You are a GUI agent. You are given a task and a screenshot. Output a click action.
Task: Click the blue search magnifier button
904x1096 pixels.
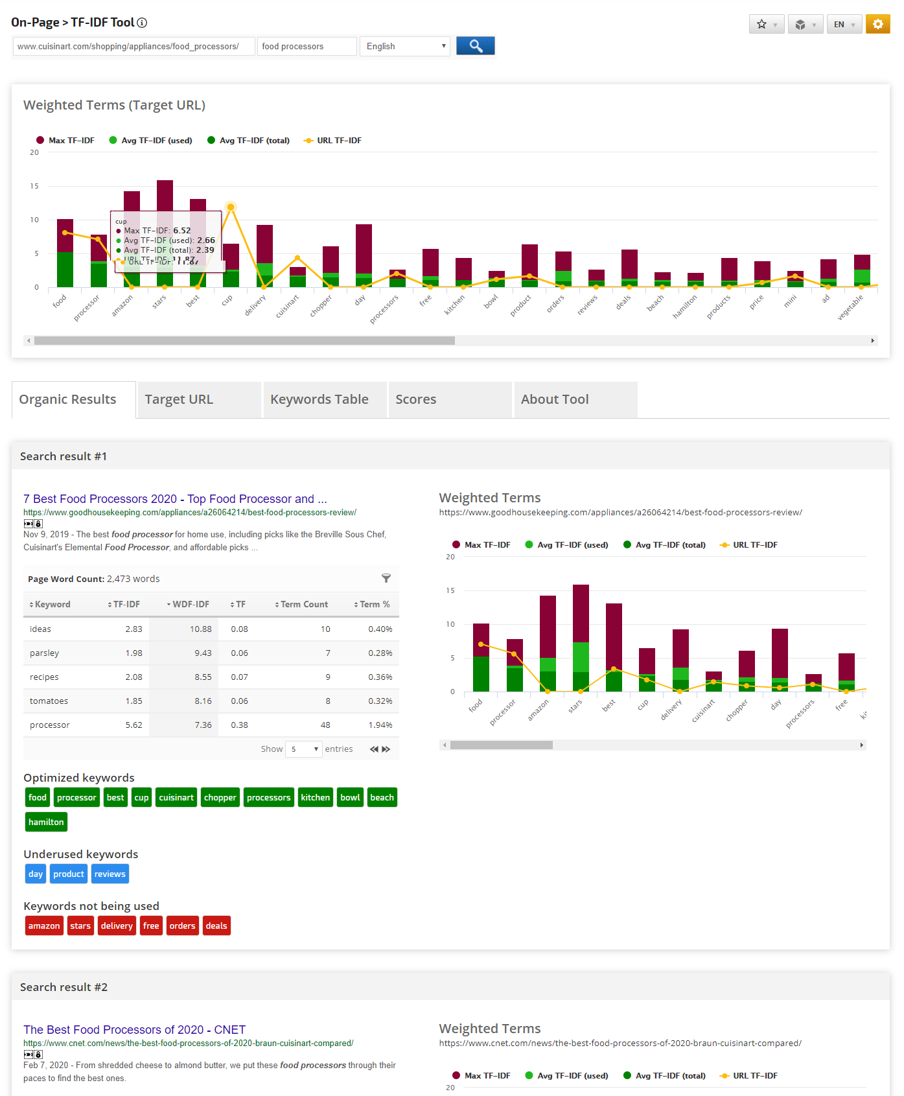[x=475, y=46]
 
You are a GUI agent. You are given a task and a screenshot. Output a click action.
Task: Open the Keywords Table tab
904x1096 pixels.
[x=319, y=399]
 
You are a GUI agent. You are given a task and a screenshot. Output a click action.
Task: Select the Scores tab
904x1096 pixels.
[x=415, y=399]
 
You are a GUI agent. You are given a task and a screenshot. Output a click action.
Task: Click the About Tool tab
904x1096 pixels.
[x=554, y=399]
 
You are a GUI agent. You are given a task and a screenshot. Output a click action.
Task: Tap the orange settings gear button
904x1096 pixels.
[x=877, y=24]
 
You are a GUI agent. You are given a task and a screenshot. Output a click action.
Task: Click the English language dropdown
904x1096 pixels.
[x=405, y=46]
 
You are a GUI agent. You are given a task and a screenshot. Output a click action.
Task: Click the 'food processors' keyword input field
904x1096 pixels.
[x=307, y=46]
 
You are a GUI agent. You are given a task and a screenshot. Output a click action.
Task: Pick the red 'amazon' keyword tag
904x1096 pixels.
[x=44, y=926]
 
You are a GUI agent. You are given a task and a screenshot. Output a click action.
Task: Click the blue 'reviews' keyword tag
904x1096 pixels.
[x=110, y=874]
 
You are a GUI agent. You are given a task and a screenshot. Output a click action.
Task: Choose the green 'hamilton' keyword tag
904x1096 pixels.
[x=46, y=822]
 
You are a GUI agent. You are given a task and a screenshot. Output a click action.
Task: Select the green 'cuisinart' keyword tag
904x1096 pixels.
[x=176, y=797]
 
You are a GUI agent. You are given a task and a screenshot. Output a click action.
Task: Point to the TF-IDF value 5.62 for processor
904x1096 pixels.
[x=133, y=725]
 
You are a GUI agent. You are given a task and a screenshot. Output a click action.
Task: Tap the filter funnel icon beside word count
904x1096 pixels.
[x=386, y=578]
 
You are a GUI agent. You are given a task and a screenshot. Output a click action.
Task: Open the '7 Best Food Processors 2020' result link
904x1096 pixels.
[x=175, y=498]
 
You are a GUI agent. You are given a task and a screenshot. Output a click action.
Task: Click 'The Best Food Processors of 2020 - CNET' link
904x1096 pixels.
[x=134, y=1029]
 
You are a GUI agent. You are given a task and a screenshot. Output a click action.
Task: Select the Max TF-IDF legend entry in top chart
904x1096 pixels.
[x=65, y=140]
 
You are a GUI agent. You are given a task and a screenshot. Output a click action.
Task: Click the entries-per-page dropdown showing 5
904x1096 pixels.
[x=304, y=749]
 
